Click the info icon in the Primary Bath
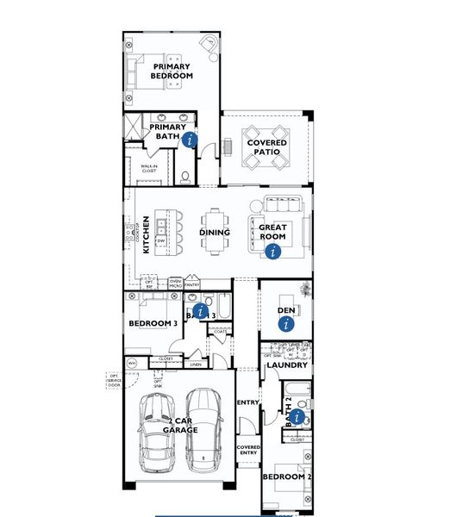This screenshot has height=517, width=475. tap(191, 139)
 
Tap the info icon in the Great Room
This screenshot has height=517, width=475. tap(273, 252)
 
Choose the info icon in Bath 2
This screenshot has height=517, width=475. tap(297, 417)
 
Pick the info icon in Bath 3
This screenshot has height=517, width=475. tap(200, 310)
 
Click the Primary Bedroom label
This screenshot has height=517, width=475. tap(172, 71)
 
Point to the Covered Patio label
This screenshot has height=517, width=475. tap(266, 147)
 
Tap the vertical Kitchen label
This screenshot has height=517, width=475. tap(147, 234)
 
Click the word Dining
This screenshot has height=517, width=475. tap(215, 232)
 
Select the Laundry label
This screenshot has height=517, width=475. tap(286, 365)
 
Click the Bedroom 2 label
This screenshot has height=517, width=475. tap(286, 477)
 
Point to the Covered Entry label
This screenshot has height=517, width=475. tap(249, 452)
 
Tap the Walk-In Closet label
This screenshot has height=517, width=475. tap(143, 168)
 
